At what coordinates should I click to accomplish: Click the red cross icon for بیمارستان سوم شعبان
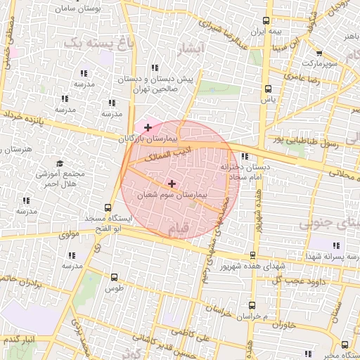point(172,183)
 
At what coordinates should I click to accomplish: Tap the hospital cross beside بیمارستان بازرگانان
point(147,127)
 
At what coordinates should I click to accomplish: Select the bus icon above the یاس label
point(268,89)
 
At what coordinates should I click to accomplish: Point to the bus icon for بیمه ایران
point(266,21)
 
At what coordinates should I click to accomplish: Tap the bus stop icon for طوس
point(114,278)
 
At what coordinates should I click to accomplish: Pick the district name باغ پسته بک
point(98,43)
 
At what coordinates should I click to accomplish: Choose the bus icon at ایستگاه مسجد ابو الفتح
point(108,207)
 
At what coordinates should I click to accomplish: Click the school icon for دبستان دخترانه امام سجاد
point(245,156)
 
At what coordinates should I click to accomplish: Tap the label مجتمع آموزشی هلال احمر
point(60,179)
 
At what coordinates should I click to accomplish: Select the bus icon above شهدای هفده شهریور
point(252,255)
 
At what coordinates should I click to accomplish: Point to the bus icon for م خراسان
point(252,305)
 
